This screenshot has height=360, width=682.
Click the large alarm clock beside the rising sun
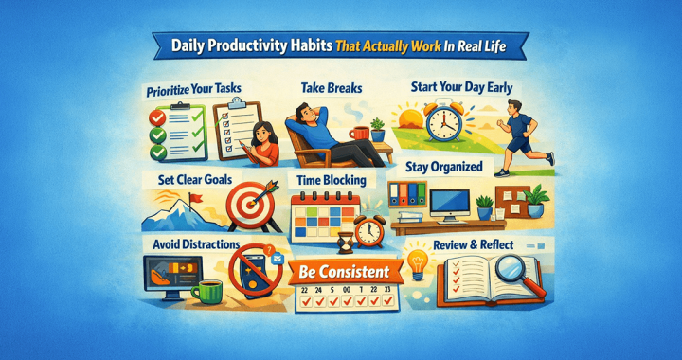click(449, 124)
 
